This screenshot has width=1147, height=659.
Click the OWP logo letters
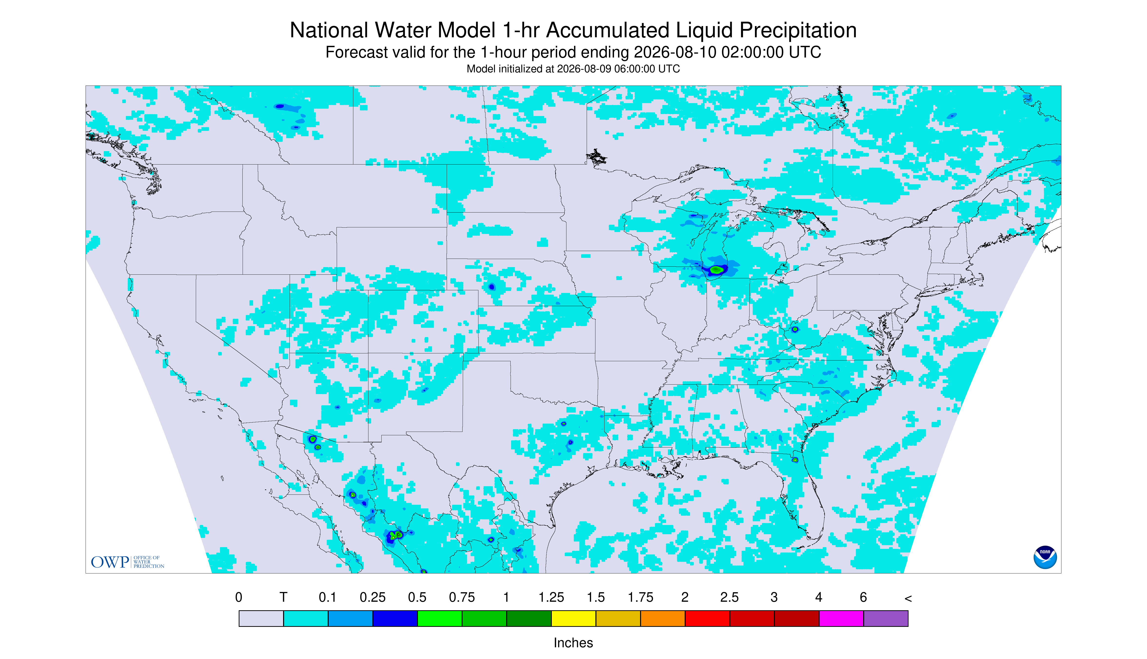pos(110,562)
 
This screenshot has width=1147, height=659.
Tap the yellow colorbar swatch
pos(573,618)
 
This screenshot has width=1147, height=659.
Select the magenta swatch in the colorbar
pos(841,618)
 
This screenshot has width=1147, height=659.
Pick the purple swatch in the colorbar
pos(886,618)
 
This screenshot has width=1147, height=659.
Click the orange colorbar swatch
pos(662,618)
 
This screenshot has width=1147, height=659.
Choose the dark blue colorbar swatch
pos(395,618)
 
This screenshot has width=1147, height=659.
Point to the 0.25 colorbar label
pos(373,597)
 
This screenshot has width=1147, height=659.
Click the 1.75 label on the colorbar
pos(640,597)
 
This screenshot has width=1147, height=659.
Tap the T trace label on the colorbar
pos(284,597)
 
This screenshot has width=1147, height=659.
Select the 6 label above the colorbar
pos(863,597)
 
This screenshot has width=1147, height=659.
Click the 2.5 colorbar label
pos(730,597)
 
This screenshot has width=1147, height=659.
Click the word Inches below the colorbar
pos(573,643)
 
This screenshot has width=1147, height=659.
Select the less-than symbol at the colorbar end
pos(908,598)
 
